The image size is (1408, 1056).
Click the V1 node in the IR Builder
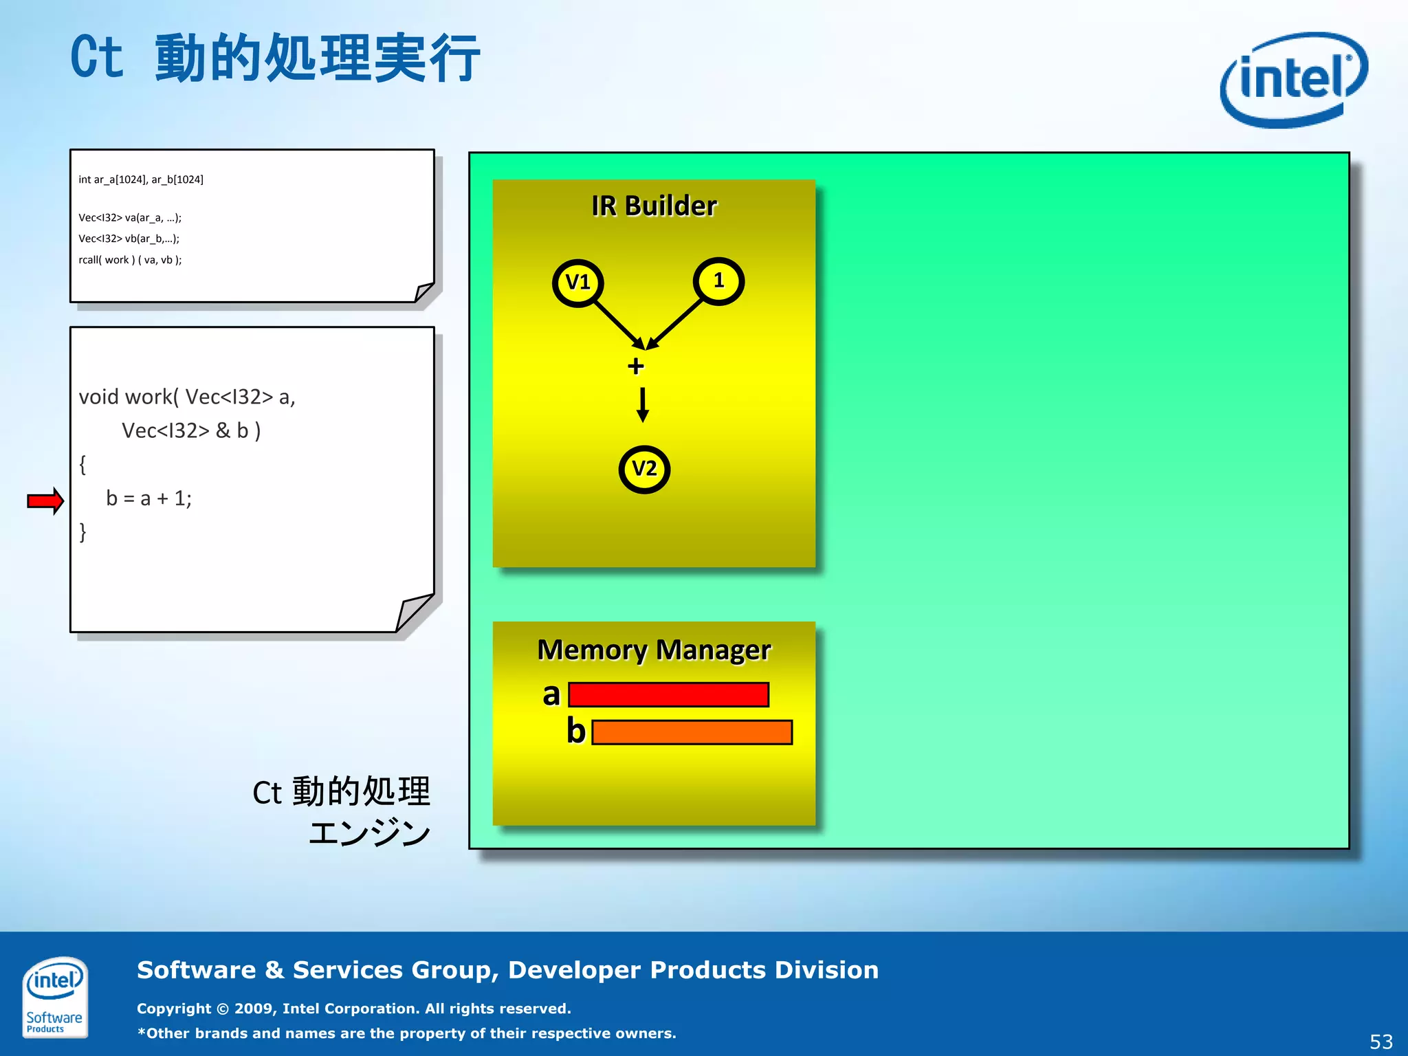click(577, 282)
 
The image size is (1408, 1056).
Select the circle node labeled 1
click(718, 280)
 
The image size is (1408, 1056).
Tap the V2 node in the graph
click(644, 469)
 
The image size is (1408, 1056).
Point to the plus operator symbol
click(636, 366)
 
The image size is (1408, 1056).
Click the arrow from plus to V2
click(643, 404)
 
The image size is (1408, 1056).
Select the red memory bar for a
click(668, 694)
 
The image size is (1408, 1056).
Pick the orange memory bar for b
click(692, 732)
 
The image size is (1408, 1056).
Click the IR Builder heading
click(654, 206)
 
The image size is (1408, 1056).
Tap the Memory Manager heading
click(654, 650)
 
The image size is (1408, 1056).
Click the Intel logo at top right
click(1293, 80)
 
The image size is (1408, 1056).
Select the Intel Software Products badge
click(54, 997)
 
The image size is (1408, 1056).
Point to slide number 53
click(1380, 1042)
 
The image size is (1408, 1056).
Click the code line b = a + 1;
click(148, 498)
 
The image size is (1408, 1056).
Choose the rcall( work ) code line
click(130, 260)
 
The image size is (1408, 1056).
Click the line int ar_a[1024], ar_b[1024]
click(141, 179)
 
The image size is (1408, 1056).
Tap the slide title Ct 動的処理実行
click(275, 58)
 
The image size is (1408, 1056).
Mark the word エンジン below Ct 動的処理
click(369, 833)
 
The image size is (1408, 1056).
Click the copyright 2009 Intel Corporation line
click(353, 1009)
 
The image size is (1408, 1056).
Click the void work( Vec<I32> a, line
click(187, 397)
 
